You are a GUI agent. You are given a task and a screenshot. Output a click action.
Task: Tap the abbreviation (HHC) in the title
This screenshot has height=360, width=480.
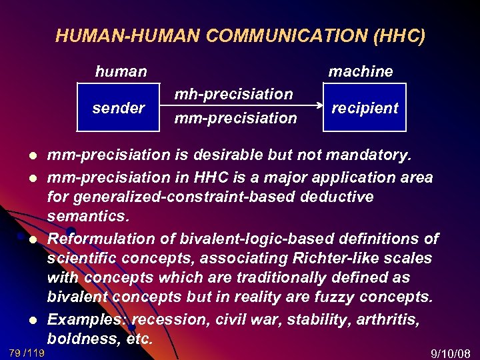pyautogui.click(x=399, y=36)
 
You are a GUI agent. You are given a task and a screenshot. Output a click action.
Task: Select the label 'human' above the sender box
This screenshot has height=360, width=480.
pyautogui.click(x=121, y=71)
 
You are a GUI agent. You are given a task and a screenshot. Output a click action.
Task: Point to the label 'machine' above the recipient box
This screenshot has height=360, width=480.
pyautogui.click(x=361, y=71)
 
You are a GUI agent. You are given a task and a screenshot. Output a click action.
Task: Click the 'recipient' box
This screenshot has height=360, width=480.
pyautogui.click(x=365, y=107)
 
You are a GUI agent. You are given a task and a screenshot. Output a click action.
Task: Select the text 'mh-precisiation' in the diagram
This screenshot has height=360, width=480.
pyautogui.click(x=233, y=94)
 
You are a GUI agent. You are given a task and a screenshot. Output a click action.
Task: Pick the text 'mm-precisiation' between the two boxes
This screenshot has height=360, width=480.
pyautogui.click(x=235, y=118)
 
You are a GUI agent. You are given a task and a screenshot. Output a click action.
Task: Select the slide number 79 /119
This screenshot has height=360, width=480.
pyautogui.click(x=27, y=352)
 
